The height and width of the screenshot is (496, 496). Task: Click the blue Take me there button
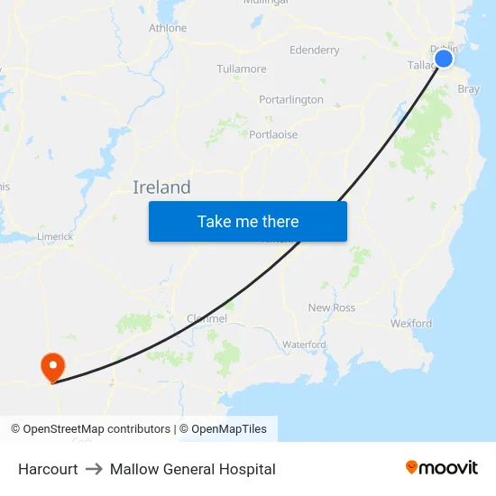[248, 221]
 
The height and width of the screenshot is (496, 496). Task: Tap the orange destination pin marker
[52, 366]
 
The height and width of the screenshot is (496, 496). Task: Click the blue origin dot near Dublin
[444, 59]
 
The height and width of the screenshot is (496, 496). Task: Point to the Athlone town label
[168, 28]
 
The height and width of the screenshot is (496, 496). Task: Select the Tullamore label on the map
[242, 69]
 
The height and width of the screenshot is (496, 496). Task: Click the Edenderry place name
[314, 50]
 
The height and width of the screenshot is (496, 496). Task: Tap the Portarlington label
[290, 99]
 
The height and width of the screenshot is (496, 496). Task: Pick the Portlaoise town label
[273, 134]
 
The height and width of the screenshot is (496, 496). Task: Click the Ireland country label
[161, 188]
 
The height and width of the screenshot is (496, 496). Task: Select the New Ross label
[332, 308]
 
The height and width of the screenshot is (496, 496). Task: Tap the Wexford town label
[411, 323]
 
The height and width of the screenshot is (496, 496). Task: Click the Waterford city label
[304, 344]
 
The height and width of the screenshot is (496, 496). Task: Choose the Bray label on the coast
[469, 89]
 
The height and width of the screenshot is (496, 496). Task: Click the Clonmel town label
[207, 318]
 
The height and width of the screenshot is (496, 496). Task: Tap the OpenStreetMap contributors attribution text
[90, 429]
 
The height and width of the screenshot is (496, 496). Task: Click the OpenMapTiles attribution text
[229, 429]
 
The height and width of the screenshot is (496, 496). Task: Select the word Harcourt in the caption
[48, 469]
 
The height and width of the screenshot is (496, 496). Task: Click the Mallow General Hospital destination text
[193, 469]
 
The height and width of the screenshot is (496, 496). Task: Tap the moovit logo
[442, 467]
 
